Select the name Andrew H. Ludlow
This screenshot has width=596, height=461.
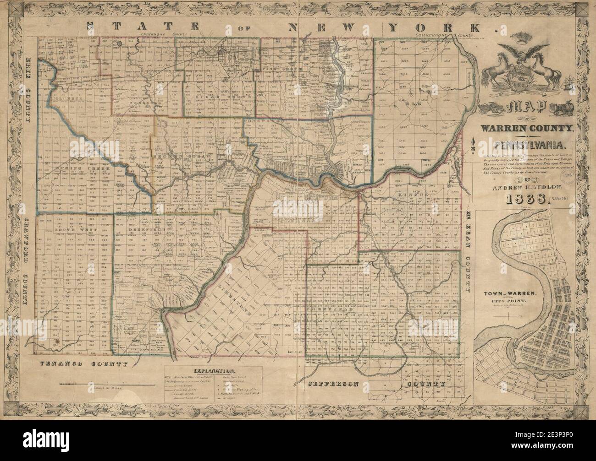coord(522,187)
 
